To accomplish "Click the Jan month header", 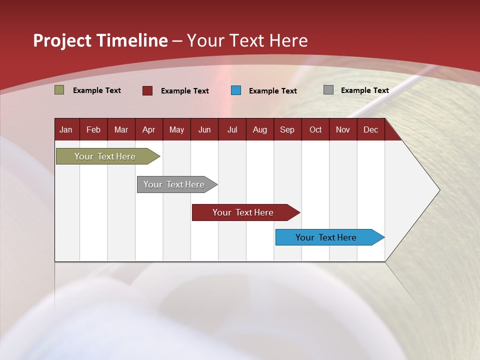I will [x=66, y=130].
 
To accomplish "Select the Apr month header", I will [x=148, y=130].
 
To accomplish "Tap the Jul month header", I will [x=232, y=130].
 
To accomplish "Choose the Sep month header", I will [x=287, y=130].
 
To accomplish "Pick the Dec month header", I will [x=370, y=130].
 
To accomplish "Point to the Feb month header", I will [x=93, y=130].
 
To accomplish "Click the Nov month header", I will [x=342, y=130].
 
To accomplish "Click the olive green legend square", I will [x=59, y=90].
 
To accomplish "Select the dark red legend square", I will [x=147, y=90].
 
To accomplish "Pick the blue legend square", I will [x=236, y=90].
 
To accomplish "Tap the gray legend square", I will [x=328, y=90].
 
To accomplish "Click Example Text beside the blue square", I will [x=272, y=91].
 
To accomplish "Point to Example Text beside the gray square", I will [x=364, y=90].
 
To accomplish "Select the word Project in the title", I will [x=62, y=40].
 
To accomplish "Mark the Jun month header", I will [x=204, y=130].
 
